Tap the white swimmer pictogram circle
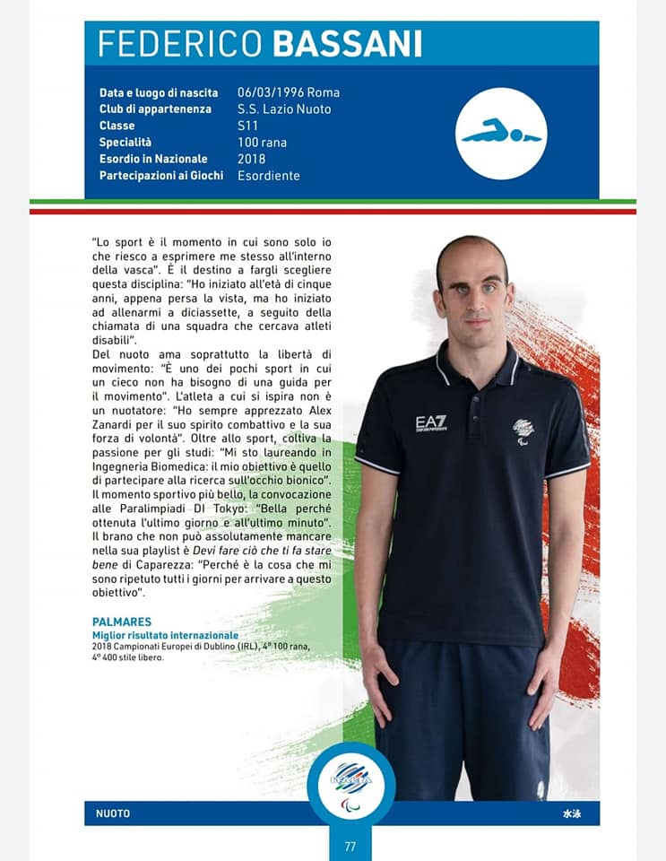[x=501, y=134]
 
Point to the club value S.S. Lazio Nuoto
[x=284, y=109]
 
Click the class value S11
[x=248, y=126]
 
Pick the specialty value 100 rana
[x=262, y=143]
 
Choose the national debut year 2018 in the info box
[x=252, y=159]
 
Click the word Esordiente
[x=269, y=176]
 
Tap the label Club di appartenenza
[x=155, y=109]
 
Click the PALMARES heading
[x=122, y=622]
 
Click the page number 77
[x=350, y=845]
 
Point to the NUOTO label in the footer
[x=113, y=813]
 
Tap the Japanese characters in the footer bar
[x=571, y=813]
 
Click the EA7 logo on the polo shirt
[x=431, y=422]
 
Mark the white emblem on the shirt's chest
[x=523, y=430]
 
